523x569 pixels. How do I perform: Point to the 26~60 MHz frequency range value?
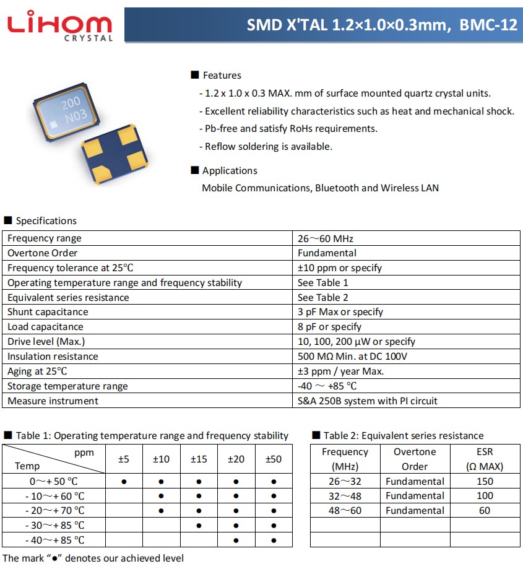pos(325,238)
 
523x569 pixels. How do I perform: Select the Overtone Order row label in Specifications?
pos(42,253)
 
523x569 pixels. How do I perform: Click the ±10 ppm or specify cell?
pos(339,268)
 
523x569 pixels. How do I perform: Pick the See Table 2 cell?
pos(322,298)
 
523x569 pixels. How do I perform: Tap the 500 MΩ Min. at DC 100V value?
pos(352,357)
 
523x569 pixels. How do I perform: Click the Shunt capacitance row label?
pos(48,312)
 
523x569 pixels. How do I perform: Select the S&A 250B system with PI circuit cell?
pos(367,401)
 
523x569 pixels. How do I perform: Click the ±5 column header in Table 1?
pos(124,459)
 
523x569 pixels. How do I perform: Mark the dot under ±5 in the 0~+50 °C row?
pos(124,481)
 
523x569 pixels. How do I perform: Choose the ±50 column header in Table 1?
pos(273,459)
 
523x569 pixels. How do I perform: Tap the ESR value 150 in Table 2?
pos(485,481)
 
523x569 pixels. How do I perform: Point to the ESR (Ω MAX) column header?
pos(485,459)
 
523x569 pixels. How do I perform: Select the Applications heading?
pos(229,171)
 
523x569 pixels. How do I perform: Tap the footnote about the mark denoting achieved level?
pos(93,558)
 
